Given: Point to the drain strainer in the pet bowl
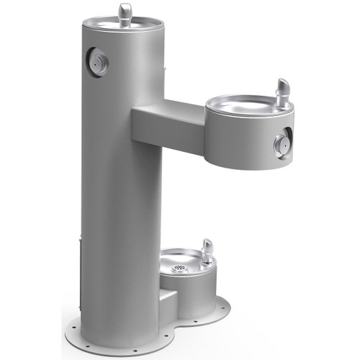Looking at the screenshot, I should [179, 269].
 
